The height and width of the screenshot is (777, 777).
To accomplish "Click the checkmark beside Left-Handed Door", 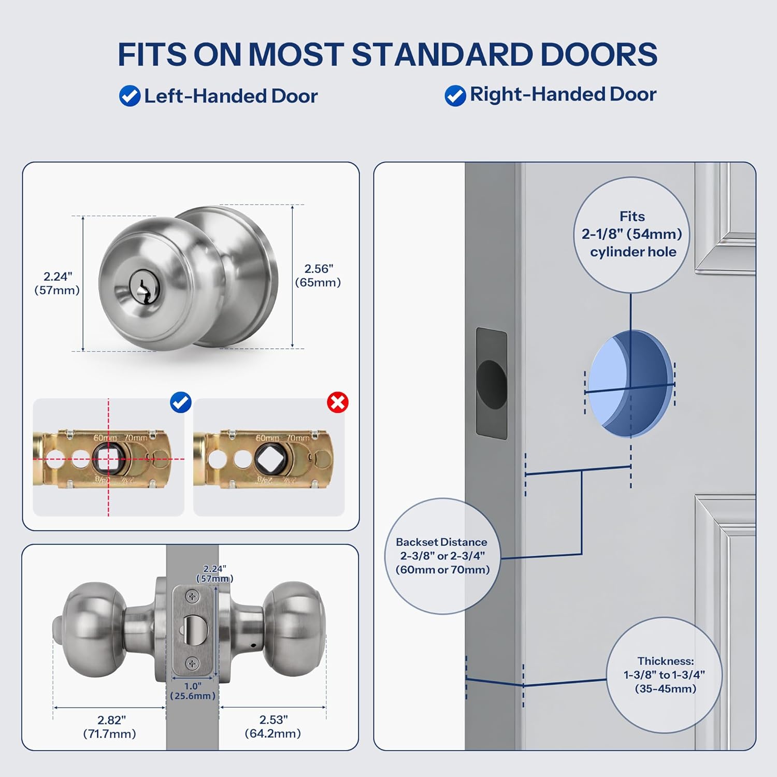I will pos(129,96).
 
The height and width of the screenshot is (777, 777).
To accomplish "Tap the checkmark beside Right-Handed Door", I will pos(455,96).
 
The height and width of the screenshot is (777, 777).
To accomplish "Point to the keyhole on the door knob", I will pos(141,287).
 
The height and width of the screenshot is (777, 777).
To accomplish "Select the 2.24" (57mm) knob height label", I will pos(57,283).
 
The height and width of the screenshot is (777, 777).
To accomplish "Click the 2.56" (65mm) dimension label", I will pos(318,276).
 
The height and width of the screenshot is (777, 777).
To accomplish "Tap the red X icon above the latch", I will pos(338,402).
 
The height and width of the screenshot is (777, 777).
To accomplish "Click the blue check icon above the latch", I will pos(181,402).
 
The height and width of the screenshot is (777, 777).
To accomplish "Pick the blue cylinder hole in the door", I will pos(630,383).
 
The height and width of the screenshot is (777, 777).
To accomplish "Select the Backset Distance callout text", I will pos(442,556).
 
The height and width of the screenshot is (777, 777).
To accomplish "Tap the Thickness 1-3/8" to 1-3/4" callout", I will pos(665,675).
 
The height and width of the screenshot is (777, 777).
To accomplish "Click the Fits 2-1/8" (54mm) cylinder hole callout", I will pos(632,234).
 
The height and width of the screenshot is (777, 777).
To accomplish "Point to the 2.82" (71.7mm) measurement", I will pos(109,727).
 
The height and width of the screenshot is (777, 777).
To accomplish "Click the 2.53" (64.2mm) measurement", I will pos(273,727).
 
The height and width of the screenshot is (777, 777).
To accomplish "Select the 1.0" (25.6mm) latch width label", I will pos(193,691).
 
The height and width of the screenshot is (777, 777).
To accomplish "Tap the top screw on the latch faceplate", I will pos(192,597).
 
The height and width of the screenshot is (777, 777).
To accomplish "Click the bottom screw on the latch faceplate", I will pos(192,664).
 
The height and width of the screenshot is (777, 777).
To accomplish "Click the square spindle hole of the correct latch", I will pos(108,458).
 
